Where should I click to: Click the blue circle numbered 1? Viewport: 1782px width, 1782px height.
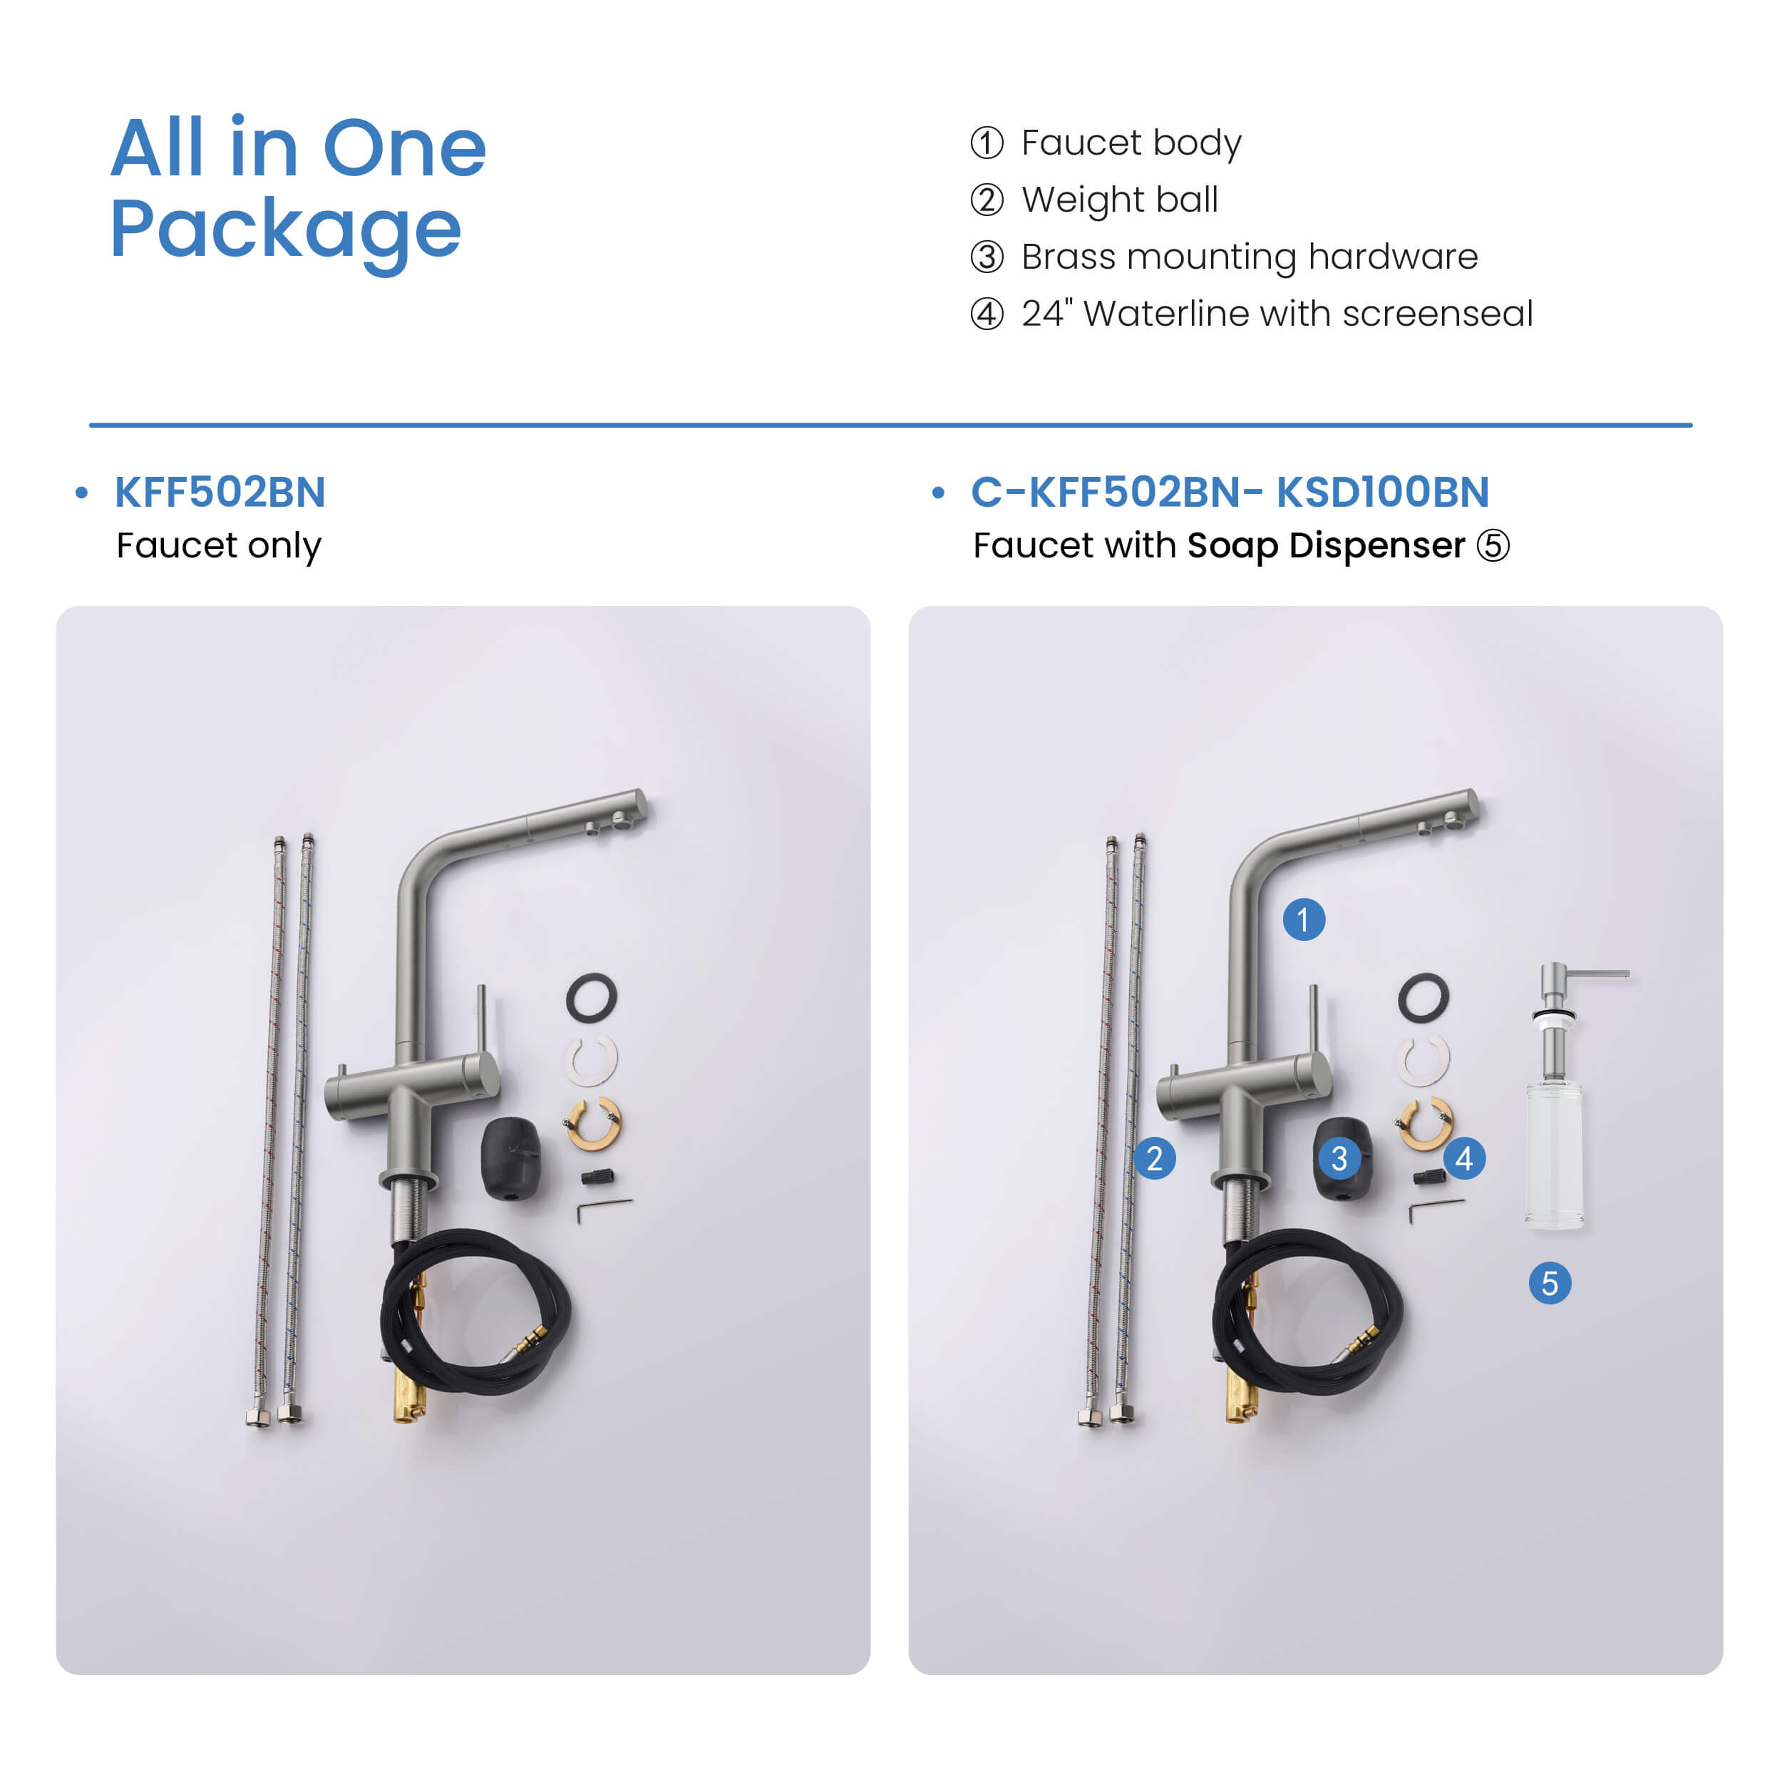coord(1303,920)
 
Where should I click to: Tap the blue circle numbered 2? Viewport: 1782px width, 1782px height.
coord(1154,1158)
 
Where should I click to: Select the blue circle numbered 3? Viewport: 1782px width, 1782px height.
coord(1339,1158)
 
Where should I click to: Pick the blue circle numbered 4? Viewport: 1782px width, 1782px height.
coord(1464,1158)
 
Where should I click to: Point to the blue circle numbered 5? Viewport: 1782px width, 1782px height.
coord(1550,1283)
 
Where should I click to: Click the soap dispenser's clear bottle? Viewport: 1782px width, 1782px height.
coord(1555,1155)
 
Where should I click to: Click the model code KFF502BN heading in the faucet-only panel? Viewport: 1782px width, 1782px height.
coord(220,492)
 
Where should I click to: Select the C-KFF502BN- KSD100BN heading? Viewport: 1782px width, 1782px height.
coord(1230,492)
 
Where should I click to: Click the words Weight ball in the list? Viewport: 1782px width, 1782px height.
coord(1120,200)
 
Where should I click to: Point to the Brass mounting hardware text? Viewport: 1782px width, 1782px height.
coord(1250,257)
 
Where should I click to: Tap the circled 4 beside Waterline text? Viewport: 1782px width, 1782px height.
coord(987,314)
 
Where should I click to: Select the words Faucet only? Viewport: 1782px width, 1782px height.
coord(219,546)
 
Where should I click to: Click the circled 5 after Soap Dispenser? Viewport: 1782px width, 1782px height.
coord(1493,545)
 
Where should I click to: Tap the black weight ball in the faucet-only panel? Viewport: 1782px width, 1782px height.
coord(510,1158)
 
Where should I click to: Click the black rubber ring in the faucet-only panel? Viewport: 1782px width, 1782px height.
coord(591,997)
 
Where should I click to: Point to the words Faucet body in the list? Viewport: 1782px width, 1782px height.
coord(1132,143)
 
